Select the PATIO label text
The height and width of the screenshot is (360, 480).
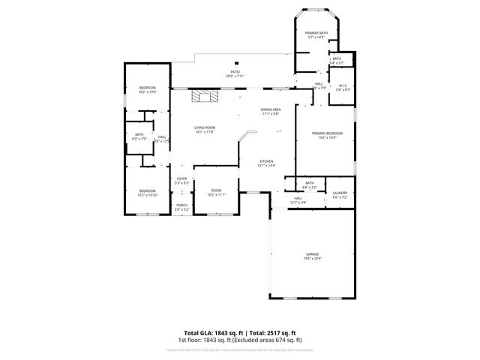235,73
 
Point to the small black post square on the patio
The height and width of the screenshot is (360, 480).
236,63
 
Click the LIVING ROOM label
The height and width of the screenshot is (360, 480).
204,128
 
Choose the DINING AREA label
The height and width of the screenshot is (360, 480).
270,110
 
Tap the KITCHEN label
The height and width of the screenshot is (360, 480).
266,162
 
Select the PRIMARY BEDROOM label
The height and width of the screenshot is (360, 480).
327,134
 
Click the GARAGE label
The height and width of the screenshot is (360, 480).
312,255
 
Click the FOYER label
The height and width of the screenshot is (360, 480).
181,178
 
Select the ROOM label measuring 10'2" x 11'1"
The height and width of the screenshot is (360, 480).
216,191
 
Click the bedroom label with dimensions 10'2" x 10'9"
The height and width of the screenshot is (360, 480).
148,89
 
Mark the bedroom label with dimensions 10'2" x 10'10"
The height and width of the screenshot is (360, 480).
147,191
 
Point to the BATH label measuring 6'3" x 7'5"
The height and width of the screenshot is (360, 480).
139,135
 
